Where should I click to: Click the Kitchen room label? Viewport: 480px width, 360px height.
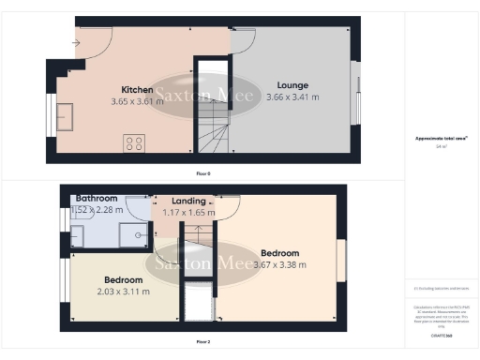pos(136,90)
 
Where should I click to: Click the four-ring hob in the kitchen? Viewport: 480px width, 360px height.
pos(134,142)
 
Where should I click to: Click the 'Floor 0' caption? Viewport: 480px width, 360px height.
pos(203,173)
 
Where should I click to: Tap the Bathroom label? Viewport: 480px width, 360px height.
pos(97,199)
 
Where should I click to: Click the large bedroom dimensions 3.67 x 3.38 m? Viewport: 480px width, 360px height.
pos(280,264)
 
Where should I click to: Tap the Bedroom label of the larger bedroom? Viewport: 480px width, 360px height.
pos(280,253)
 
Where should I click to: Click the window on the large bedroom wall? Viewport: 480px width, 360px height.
pos(342,259)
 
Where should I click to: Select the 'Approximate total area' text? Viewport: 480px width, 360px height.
pos(436,139)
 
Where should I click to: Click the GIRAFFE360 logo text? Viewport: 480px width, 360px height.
pos(436,333)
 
